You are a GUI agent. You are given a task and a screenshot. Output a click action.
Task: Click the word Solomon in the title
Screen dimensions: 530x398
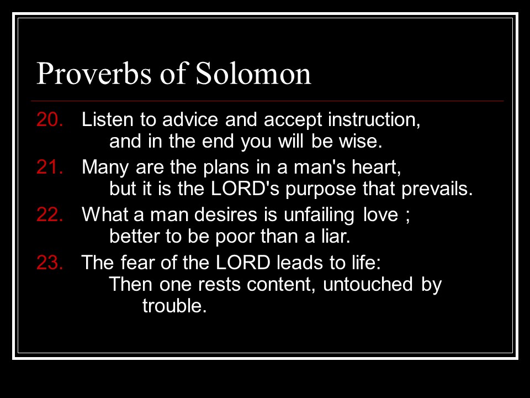tap(253, 73)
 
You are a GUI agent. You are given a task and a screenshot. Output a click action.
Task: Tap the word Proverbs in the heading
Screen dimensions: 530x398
tap(94, 73)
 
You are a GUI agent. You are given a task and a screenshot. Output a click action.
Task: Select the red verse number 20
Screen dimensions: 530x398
tap(50, 119)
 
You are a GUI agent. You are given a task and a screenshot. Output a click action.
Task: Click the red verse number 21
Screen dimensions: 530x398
tap(50, 167)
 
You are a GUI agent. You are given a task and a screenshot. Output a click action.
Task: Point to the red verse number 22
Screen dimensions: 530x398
tap(50, 214)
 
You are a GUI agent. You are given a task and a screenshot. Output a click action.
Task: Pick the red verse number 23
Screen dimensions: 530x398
tap(50, 262)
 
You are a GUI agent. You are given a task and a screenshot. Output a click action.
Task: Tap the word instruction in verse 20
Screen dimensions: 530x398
tap(374, 120)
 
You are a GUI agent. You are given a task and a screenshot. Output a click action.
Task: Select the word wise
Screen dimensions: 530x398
tap(361, 141)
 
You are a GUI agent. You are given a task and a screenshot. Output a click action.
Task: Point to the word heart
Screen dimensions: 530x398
tap(376, 167)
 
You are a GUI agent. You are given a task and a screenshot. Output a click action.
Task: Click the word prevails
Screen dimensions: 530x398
tap(437, 189)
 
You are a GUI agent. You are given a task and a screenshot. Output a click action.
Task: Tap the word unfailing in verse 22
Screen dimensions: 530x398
tap(319, 215)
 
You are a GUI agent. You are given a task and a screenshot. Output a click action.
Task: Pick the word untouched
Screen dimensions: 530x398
tap(368, 284)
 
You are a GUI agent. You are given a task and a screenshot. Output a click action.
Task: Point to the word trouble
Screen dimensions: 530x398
tap(174, 305)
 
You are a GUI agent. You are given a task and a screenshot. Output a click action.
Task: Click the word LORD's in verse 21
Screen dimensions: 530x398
tap(245, 188)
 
